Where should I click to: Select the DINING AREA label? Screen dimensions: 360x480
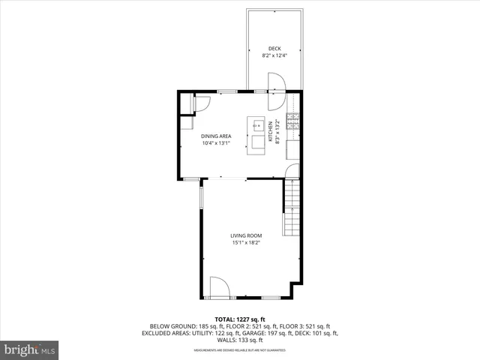click(x=215, y=136)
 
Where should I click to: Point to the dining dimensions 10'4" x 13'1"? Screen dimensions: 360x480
click(x=215, y=143)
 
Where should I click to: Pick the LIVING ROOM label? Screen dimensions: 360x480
click(x=246, y=235)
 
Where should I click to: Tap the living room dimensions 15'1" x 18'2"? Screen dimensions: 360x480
click(x=246, y=243)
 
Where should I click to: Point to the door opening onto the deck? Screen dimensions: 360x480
click(x=274, y=82)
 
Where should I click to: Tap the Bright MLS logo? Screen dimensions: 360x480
click(x=29, y=349)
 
